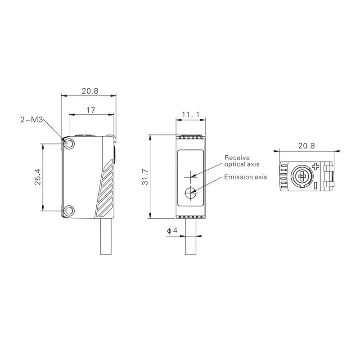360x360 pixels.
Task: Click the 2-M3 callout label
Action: pyautogui.click(x=31, y=120)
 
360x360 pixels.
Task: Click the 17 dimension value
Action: pyautogui.click(x=91, y=110)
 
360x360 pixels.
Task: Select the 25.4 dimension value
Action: pyautogui.click(x=38, y=177)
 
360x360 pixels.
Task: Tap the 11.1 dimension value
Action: pyautogui.click(x=190, y=114)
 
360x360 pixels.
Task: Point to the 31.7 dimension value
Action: pyautogui.click(x=145, y=177)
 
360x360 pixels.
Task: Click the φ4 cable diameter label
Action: pyautogui.click(x=172, y=230)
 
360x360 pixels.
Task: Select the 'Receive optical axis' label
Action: pyautogui.click(x=242, y=161)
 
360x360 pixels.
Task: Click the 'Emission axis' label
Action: pyautogui.click(x=245, y=177)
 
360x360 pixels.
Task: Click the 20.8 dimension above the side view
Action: pyautogui.click(x=90, y=91)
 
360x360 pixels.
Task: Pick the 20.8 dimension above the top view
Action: pyautogui.click(x=306, y=145)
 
